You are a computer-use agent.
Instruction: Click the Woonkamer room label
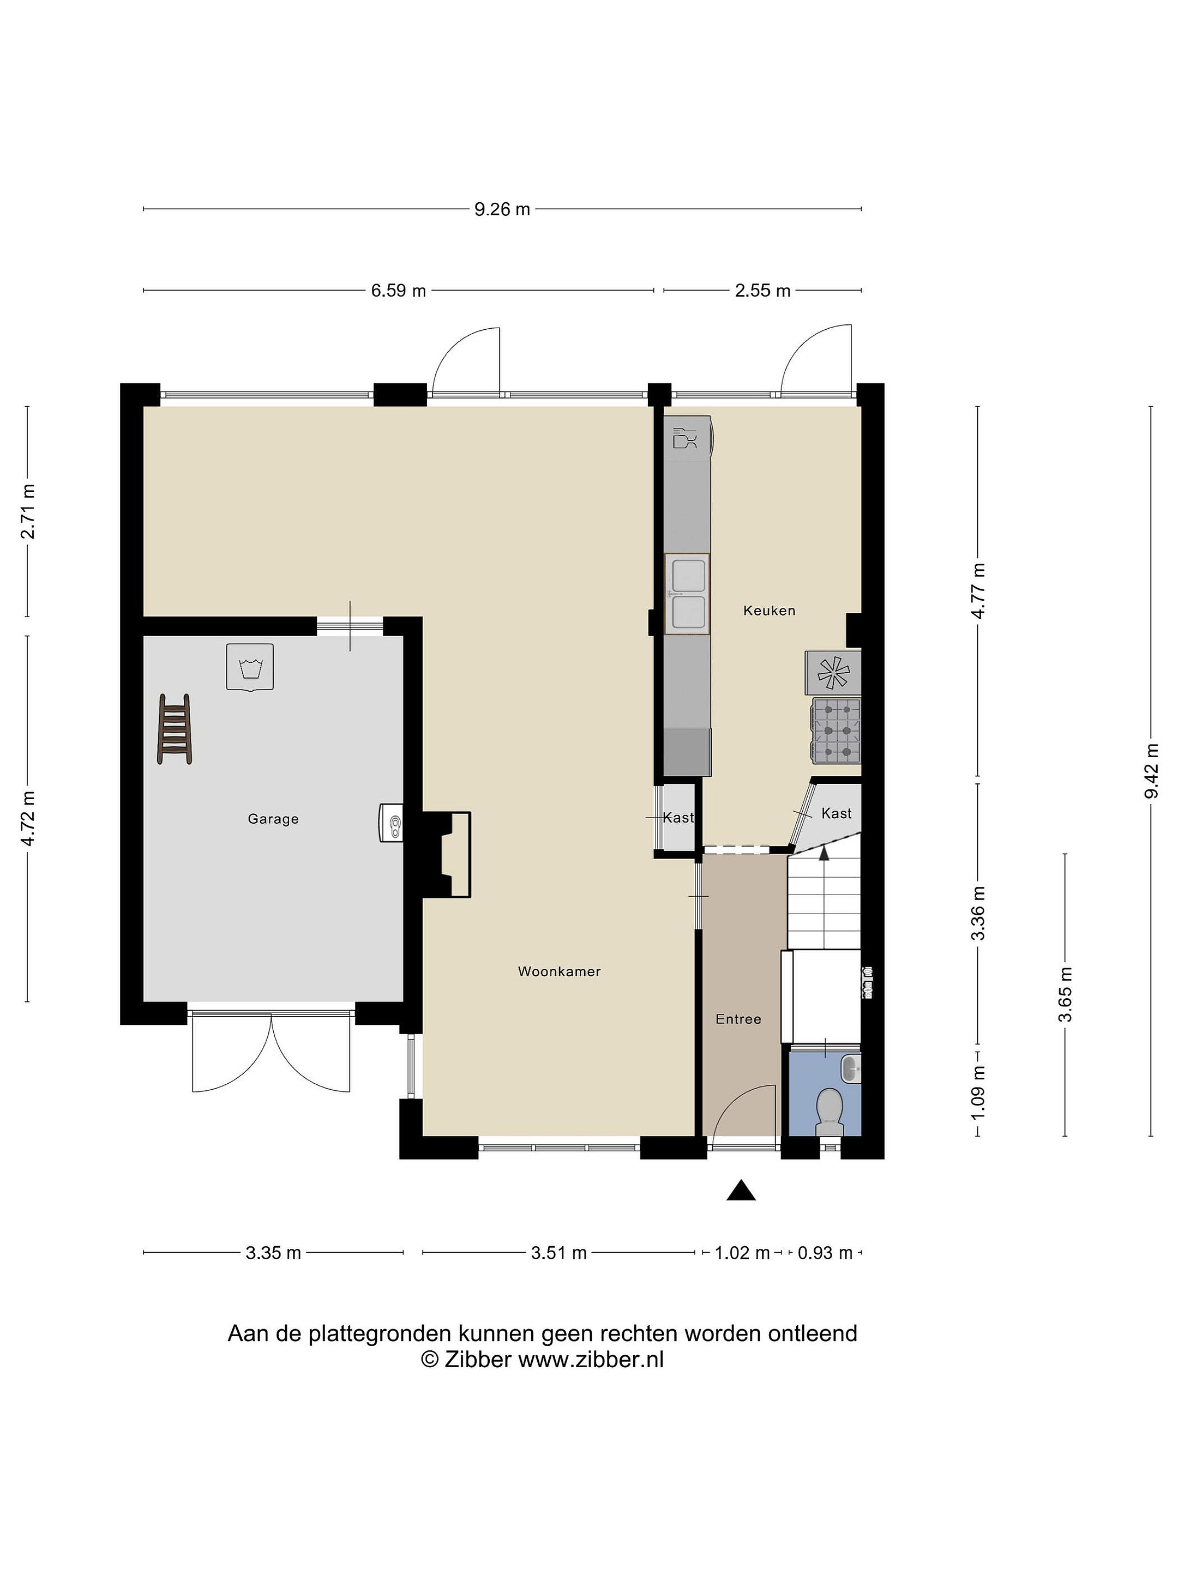(559, 971)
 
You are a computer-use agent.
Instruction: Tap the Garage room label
(273, 819)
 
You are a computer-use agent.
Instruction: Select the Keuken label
(769, 611)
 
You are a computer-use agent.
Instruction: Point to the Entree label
(738, 1019)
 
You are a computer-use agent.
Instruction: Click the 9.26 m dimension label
(502, 209)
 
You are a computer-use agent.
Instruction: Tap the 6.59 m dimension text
(398, 291)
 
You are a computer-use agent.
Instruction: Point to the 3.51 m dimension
(559, 1253)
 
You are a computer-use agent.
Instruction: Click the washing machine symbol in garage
(249, 667)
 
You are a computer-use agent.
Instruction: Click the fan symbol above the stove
(833, 673)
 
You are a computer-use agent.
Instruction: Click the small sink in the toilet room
(850, 1068)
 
